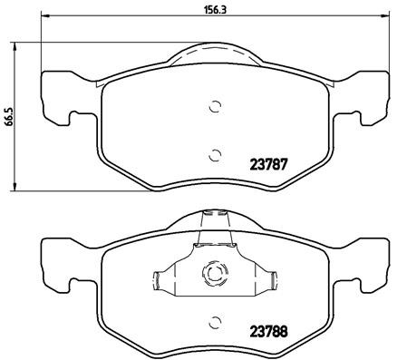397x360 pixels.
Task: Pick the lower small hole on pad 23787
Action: pyautogui.click(x=214, y=153)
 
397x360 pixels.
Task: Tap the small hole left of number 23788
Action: pyautogui.click(x=214, y=321)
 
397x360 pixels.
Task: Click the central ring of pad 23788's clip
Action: pyautogui.click(x=214, y=272)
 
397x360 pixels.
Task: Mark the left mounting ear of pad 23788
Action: pyautogui.click(x=56, y=260)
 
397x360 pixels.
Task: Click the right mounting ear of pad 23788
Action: pyautogui.click(x=372, y=260)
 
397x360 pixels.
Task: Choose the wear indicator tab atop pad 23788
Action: pyautogui.click(x=214, y=218)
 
